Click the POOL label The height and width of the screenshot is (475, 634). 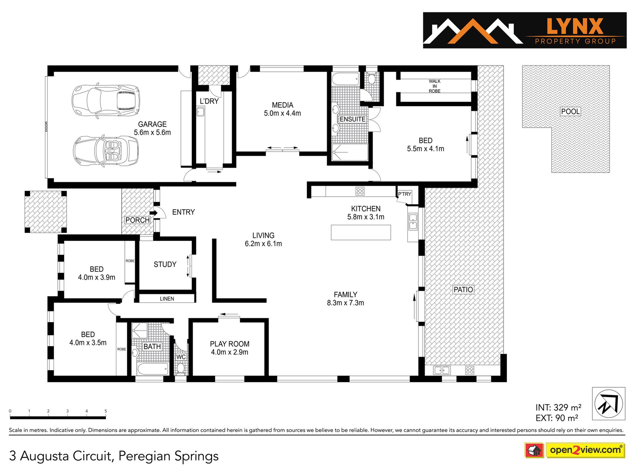[x=570, y=111]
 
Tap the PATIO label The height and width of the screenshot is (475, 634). [x=463, y=290]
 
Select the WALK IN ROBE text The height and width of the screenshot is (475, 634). [x=434, y=86]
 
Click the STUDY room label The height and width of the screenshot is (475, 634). [x=165, y=264]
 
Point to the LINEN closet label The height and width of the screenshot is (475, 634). [x=167, y=299]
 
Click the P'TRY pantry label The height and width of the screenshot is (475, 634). [x=404, y=194]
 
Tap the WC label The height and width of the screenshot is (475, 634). [x=181, y=357]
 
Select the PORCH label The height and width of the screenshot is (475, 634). [x=137, y=220]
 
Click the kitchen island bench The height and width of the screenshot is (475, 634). [x=361, y=232]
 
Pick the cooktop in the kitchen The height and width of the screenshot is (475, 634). [x=360, y=191]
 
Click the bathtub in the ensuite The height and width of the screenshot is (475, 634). [x=345, y=79]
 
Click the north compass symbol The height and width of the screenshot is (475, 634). [x=609, y=403]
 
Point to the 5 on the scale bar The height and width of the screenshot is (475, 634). [x=106, y=411]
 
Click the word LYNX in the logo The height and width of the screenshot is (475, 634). [x=575, y=26]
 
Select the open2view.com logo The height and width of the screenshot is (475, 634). [x=575, y=450]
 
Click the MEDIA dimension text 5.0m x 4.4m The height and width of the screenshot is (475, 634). [x=282, y=113]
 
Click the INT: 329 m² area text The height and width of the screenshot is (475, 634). [x=558, y=407]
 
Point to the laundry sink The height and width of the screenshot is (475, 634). [x=200, y=111]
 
